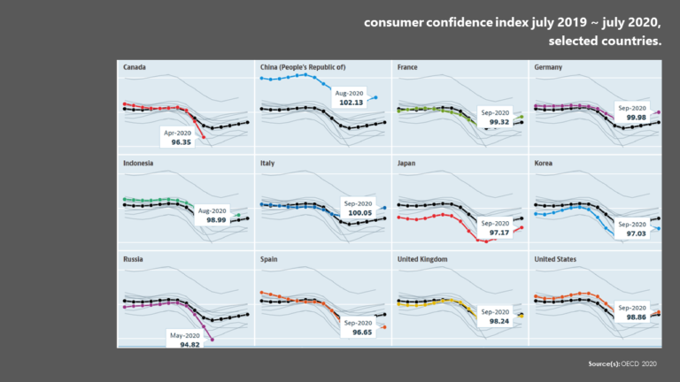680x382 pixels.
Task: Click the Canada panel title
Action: (135, 66)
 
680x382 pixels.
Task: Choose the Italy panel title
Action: (267, 163)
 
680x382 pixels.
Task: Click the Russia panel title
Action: (135, 260)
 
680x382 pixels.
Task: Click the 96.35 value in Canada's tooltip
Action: (182, 141)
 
